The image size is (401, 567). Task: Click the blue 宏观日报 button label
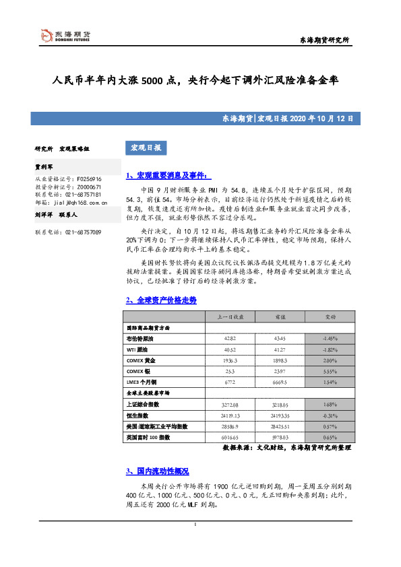pos(144,148)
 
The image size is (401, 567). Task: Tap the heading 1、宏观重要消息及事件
pos(168,175)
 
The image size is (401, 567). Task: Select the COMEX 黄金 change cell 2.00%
pos(330,360)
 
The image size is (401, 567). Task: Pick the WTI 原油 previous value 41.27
pos(280,349)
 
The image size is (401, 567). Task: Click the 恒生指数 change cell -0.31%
pos(330,415)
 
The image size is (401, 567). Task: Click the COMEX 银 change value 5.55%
pos(330,371)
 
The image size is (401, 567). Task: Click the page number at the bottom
pos(195,524)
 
